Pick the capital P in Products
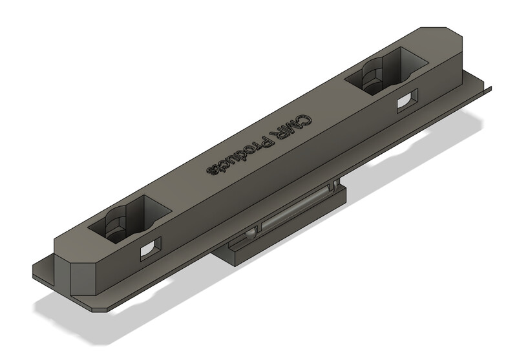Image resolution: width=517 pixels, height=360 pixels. pos(266,142)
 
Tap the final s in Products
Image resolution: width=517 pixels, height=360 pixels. pos(211,170)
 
